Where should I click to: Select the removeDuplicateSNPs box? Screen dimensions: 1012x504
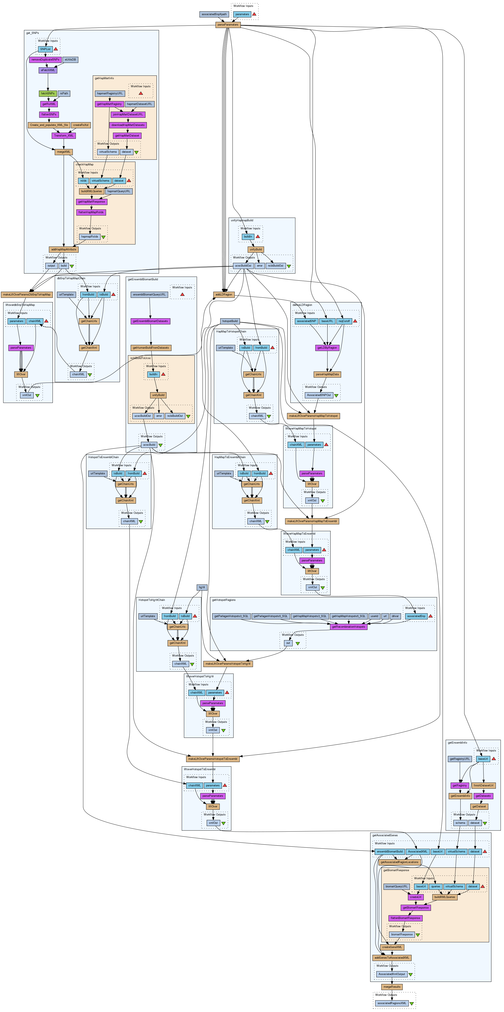pyautogui.click(x=45, y=60)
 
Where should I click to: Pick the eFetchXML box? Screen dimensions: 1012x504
pyautogui.click(x=48, y=70)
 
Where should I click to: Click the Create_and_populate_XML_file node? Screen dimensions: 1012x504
pyautogui.click(x=49, y=125)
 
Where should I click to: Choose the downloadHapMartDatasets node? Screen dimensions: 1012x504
pyautogui.click(x=128, y=125)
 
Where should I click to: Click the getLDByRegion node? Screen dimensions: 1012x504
pyautogui.click(x=327, y=348)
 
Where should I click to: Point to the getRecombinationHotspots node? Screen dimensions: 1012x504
pyautogui.click(x=348, y=627)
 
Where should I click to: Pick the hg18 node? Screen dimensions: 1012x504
pyautogui.click(x=202, y=587)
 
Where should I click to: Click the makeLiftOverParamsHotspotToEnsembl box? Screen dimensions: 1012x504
pyautogui.click(x=213, y=759)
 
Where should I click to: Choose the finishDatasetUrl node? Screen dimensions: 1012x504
pyautogui.click(x=483, y=785)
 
